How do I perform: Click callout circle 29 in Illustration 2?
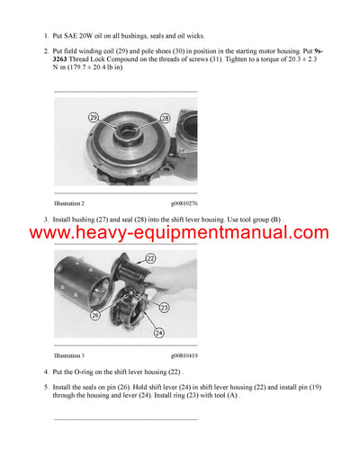pyautogui.click(x=94, y=118)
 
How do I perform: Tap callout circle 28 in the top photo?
pyautogui.click(x=165, y=118)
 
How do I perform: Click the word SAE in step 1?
pyautogui.click(x=77, y=37)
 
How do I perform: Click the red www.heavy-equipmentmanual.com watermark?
pyautogui.click(x=179, y=233)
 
